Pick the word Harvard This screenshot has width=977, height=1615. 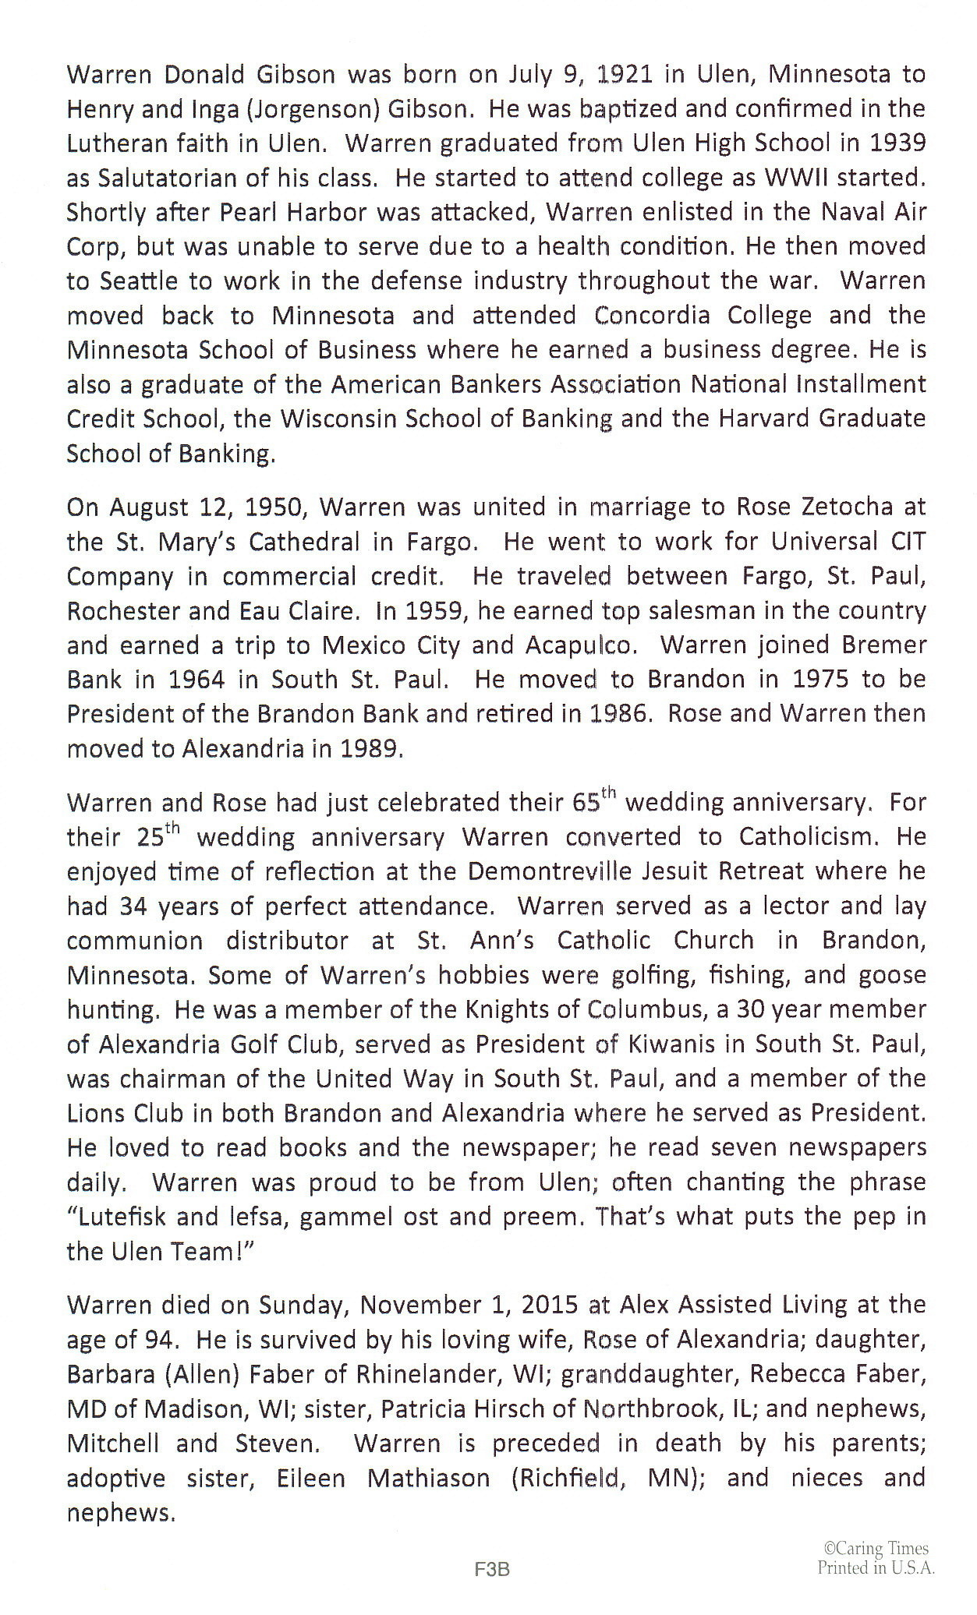pos(762,419)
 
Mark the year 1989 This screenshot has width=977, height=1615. pos(370,749)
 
